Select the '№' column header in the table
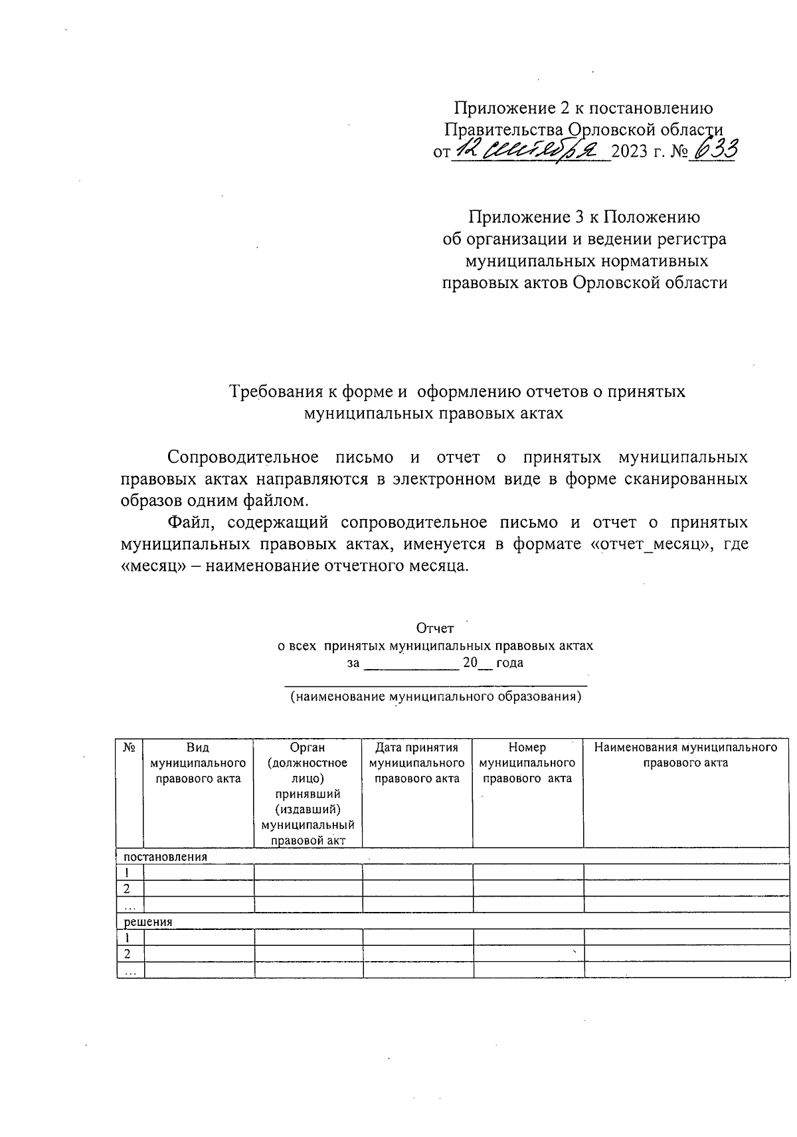tap(130, 748)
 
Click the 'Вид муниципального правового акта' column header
tap(198, 763)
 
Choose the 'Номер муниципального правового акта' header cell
tap(527, 763)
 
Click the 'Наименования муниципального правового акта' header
tap(686, 755)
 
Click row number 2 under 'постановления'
tap(128, 889)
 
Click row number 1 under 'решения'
tap(128, 938)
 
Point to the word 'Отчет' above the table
tap(435, 628)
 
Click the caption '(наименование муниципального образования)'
tap(436, 698)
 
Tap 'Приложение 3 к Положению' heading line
tap(584, 217)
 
